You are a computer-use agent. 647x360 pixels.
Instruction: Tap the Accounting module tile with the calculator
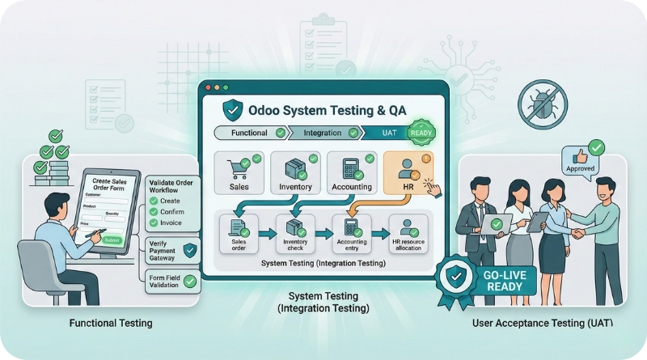click(351, 173)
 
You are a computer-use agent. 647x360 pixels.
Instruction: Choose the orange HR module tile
click(408, 173)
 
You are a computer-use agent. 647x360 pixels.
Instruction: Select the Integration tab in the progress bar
click(320, 132)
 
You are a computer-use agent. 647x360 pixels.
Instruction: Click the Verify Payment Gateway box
click(172, 250)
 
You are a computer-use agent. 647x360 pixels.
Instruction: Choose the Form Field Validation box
click(172, 282)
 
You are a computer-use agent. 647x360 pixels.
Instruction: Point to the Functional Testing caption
click(111, 324)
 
